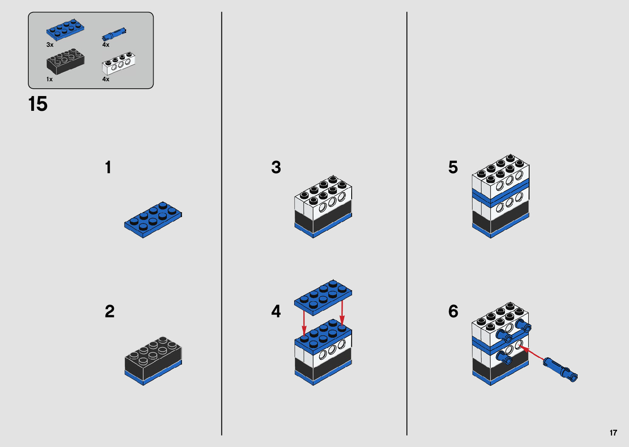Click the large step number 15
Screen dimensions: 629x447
pyautogui.click(x=38, y=104)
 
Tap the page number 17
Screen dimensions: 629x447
pyautogui.click(x=613, y=433)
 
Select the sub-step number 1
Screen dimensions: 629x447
pyautogui.click(x=108, y=167)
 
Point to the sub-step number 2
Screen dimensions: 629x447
pyautogui.click(x=109, y=312)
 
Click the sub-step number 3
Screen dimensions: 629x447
pyautogui.click(x=276, y=167)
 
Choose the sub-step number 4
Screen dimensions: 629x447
pyautogui.click(x=276, y=312)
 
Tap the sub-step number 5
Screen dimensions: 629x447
pyautogui.click(x=453, y=167)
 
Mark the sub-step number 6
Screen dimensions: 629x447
pyautogui.click(x=453, y=312)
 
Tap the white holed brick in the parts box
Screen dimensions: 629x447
pyautogui.click(x=119, y=64)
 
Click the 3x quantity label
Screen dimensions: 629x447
pyautogui.click(x=50, y=45)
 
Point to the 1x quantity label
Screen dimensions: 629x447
pyautogui.click(x=49, y=79)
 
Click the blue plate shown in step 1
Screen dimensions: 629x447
pyautogui.click(x=153, y=219)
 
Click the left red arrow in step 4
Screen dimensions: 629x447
pyautogui.click(x=304, y=323)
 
